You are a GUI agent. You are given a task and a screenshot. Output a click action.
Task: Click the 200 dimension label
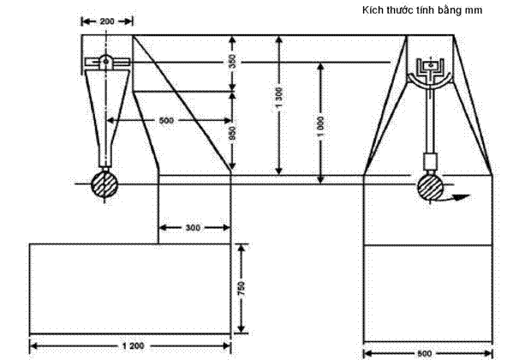point(107,21)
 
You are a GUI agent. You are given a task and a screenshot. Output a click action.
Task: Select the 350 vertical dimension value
point(232,61)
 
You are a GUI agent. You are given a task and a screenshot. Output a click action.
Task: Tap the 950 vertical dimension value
point(232,133)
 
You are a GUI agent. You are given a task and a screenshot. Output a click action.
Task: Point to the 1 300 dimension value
point(278,98)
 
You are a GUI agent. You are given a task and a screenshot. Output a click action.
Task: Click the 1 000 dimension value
point(320,127)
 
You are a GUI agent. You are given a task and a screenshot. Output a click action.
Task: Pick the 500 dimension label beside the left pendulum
point(166,121)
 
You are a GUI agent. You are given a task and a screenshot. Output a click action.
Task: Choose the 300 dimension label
point(193,228)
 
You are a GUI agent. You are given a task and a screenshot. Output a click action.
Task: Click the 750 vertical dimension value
point(242,288)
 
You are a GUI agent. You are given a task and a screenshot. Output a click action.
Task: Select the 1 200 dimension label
point(133,346)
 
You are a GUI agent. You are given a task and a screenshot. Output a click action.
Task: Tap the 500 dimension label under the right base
point(425,353)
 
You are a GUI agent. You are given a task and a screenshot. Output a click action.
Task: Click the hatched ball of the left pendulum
point(104,185)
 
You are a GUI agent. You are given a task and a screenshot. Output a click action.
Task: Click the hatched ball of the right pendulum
point(430,188)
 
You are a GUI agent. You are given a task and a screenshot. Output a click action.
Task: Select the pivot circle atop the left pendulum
point(105,61)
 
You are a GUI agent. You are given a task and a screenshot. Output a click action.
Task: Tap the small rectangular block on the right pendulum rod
point(430,160)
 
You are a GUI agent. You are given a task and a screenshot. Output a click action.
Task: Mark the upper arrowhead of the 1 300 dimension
point(278,40)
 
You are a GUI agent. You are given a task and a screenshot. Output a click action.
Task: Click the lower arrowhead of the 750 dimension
point(242,328)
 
